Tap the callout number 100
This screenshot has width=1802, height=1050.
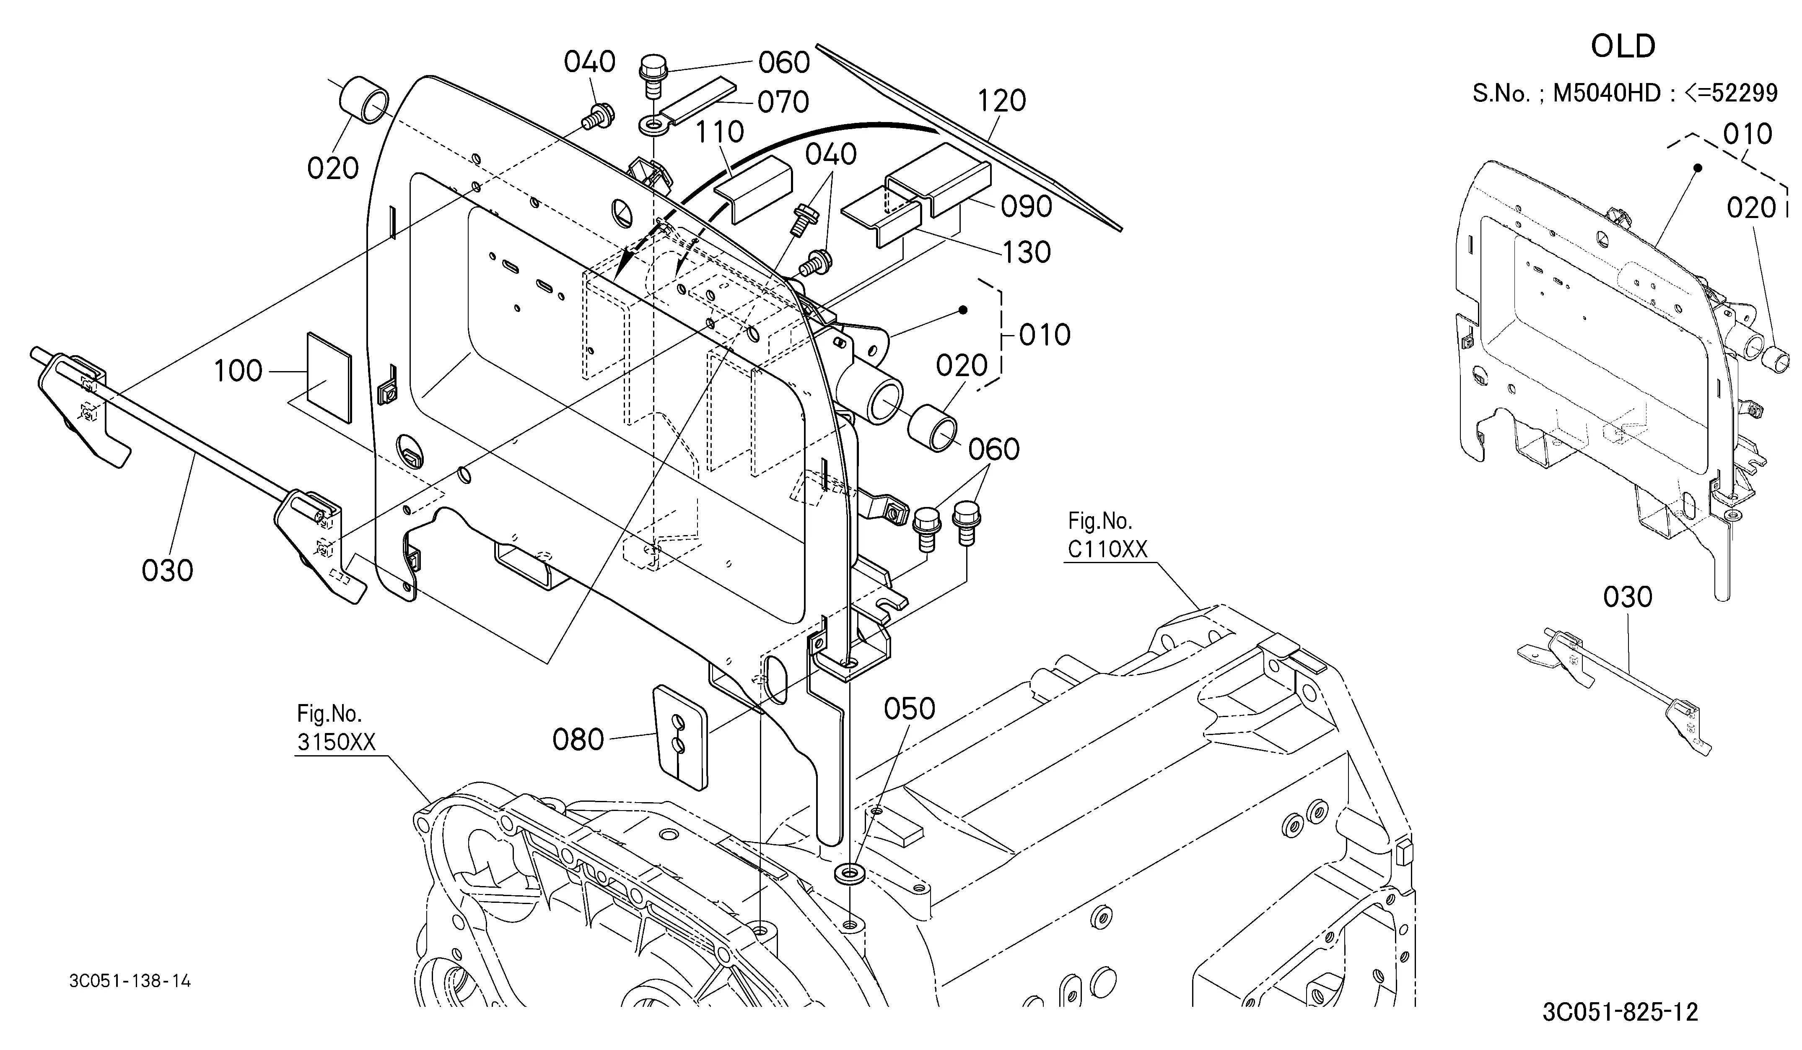(x=238, y=371)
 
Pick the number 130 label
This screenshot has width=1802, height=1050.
(x=1026, y=252)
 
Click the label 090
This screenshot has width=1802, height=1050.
(x=1026, y=207)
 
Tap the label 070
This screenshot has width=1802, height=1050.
(x=783, y=102)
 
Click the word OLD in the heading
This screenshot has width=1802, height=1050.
(x=1623, y=47)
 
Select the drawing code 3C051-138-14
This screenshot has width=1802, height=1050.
(x=130, y=981)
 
